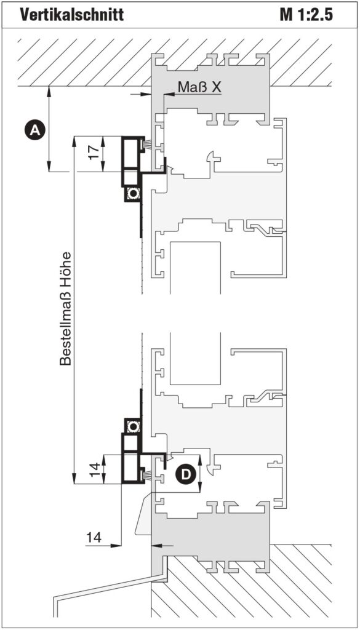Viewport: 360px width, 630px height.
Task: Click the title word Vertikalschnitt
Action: [71, 15]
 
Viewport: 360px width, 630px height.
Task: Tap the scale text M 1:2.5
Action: [306, 15]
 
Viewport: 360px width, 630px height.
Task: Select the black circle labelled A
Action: [35, 130]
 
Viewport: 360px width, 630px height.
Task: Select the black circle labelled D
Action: [186, 474]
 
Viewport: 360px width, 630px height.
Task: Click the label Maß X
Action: [199, 87]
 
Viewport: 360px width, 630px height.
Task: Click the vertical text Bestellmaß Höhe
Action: [65, 309]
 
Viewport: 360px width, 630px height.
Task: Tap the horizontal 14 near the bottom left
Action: [93, 536]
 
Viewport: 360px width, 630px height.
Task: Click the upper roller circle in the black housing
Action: [132, 194]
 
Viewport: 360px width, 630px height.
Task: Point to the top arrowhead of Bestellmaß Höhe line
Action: [74, 142]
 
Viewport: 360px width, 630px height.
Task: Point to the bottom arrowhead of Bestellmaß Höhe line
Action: [74, 479]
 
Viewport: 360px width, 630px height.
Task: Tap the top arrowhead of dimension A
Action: [49, 92]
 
